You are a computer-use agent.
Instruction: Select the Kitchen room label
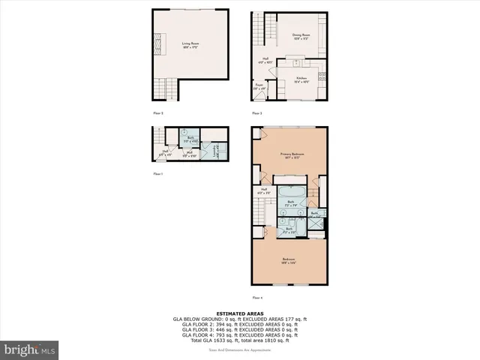(x=301, y=79)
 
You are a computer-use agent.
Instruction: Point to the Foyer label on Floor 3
(x=259, y=86)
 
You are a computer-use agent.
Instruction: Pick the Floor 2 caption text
(x=158, y=113)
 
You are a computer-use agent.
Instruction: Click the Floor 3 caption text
(x=256, y=113)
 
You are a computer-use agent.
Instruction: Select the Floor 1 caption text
(x=157, y=173)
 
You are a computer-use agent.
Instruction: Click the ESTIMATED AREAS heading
(x=239, y=313)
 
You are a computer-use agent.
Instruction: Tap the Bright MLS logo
(x=30, y=349)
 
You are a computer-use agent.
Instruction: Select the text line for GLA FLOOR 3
(x=239, y=328)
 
